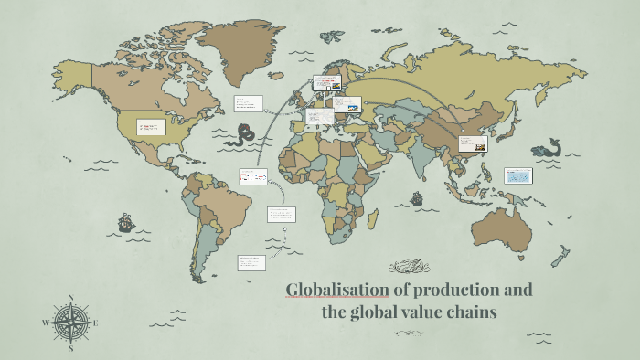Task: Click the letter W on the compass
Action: tap(45, 323)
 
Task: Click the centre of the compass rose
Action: tap(70, 323)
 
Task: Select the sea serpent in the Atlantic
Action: tap(241, 137)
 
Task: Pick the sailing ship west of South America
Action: tap(125, 222)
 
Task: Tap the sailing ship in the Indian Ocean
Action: tap(418, 198)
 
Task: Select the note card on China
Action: tap(473, 143)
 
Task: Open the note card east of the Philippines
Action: tap(518, 176)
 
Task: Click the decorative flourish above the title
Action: tap(409, 267)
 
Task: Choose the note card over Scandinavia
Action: tap(326, 82)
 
